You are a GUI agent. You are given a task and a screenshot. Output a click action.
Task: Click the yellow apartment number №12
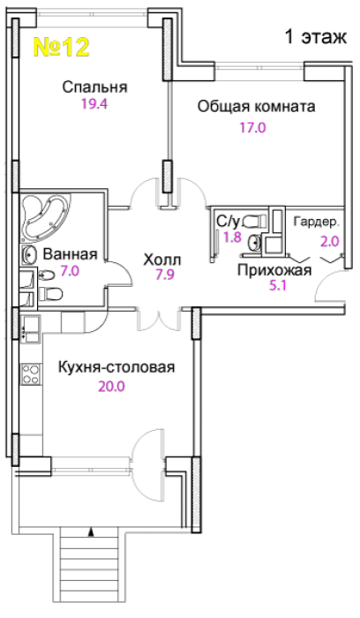[x=62, y=47]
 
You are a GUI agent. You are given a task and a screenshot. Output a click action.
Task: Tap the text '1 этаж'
[x=316, y=37]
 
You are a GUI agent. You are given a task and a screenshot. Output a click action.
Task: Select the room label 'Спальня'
[x=95, y=87]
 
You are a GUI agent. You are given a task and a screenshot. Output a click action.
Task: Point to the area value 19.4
[x=94, y=104]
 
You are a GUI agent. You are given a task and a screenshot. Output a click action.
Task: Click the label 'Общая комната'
[x=257, y=107]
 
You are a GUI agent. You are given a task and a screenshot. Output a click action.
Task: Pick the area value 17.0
[x=253, y=128]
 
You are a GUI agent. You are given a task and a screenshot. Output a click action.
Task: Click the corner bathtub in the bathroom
[x=44, y=218]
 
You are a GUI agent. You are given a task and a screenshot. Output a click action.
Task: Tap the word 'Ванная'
[x=70, y=254]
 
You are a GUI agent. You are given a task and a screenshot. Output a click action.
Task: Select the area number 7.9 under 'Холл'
[x=165, y=275]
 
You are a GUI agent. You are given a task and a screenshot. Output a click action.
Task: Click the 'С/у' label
[x=228, y=222]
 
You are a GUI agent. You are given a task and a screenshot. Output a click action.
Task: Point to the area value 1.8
[x=233, y=237]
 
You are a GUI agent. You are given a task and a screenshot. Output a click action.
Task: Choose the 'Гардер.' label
[x=316, y=222]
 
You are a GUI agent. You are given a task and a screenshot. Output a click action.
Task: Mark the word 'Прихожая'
[x=274, y=270]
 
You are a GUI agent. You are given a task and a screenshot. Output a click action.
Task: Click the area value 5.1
[x=277, y=285]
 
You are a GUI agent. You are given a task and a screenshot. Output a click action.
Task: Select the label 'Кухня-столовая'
[x=116, y=367]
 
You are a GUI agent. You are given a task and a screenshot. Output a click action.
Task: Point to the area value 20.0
[x=111, y=387]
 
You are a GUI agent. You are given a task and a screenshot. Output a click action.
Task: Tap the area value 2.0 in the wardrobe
[x=330, y=241]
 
